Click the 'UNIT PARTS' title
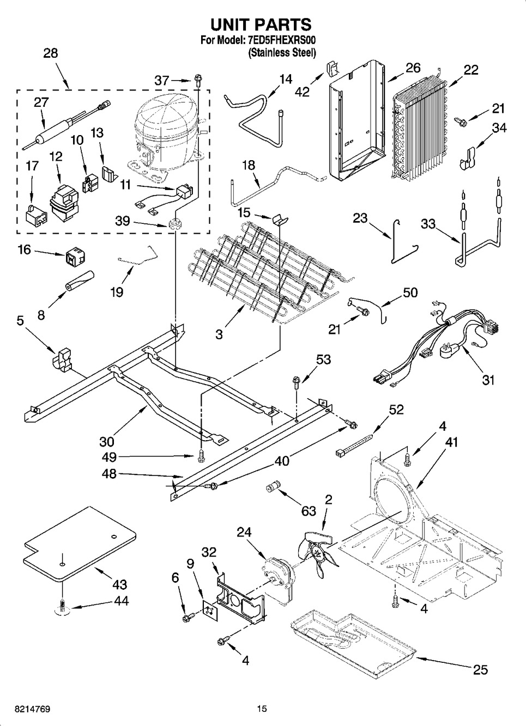[261, 25]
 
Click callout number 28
[50, 53]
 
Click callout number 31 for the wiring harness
[488, 380]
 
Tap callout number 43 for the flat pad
[119, 584]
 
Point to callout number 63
[309, 511]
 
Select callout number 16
[24, 251]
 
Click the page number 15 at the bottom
[262, 709]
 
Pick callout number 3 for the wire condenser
[219, 334]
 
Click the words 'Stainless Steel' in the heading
[282, 53]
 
